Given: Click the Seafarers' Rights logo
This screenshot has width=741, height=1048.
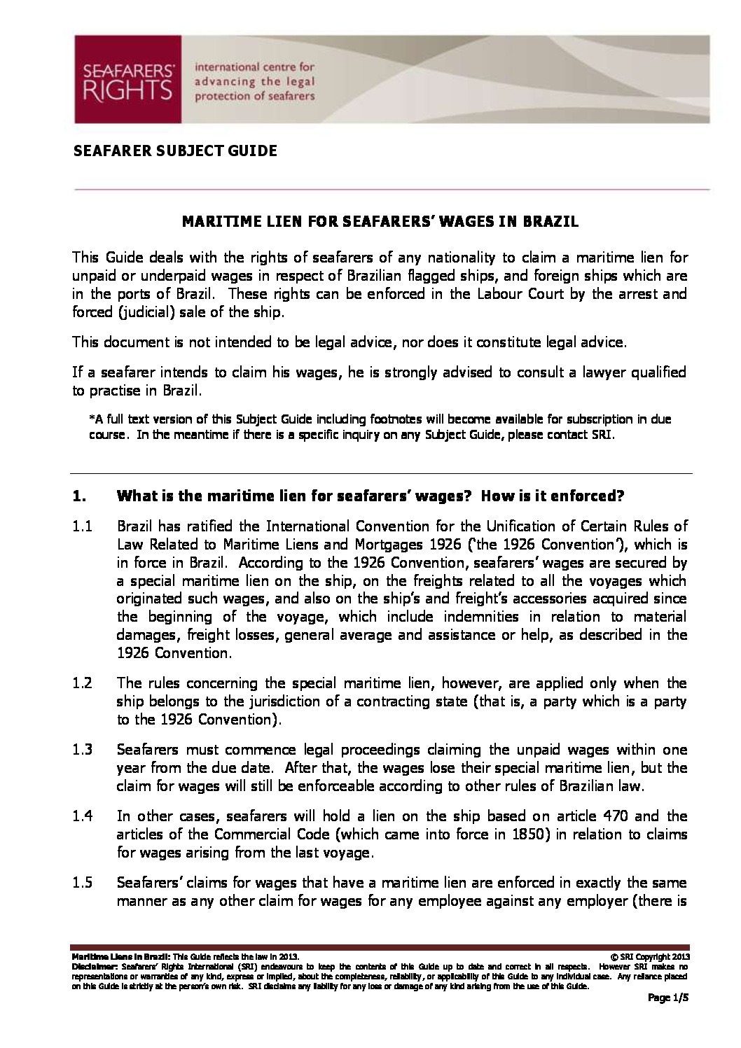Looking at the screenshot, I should tap(128, 79).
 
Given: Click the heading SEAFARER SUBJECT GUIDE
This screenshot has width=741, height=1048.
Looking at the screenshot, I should tap(175, 151).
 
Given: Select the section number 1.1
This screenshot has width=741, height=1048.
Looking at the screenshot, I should tap(83, 526).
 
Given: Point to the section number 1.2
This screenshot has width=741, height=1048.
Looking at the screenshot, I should tap(83, 683).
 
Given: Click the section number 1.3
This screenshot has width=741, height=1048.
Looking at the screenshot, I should tap(83, 749).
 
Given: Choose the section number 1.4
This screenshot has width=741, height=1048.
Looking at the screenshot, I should tap(83, 816).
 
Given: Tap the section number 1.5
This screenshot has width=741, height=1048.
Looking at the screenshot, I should tap(83, 882).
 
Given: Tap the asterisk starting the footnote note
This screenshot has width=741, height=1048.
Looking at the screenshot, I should tap(92, 419).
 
